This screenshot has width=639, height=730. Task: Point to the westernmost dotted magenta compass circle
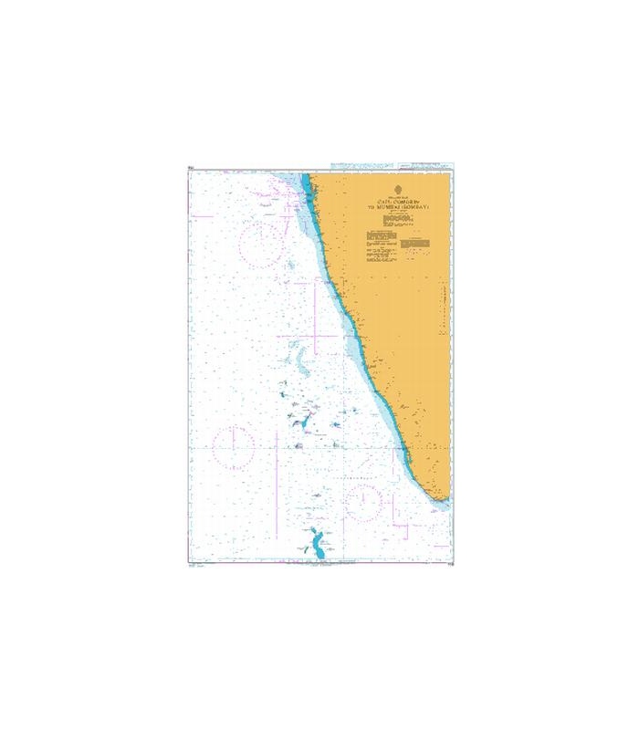(x=233, y=447)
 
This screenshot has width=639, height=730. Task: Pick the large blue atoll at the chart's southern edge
(x=316, y=545)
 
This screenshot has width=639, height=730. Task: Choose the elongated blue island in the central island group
(x=299, y=422)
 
